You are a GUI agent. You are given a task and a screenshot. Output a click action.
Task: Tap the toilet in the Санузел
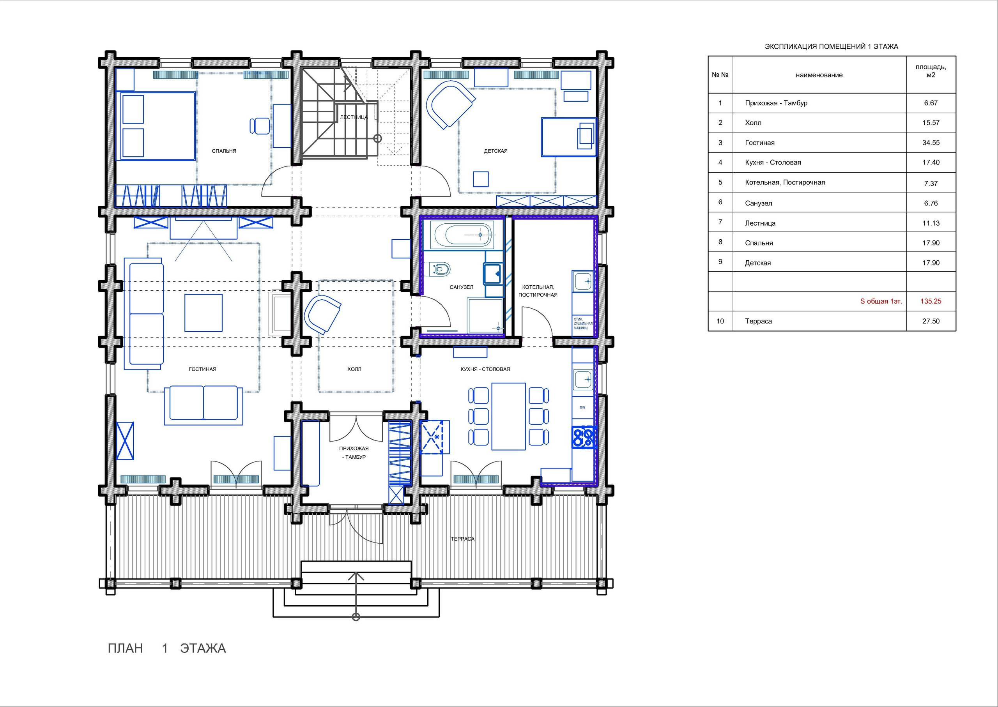click(x=440, y=269)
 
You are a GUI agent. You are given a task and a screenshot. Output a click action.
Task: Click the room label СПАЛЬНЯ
click(x=224, y=151)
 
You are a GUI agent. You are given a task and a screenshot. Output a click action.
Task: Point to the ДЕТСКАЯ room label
click(x=495, y=151)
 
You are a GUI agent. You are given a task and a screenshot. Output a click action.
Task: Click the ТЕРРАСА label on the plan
click(x=462, y=539)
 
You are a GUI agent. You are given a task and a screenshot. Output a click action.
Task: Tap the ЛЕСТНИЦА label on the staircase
click(x=354, y=117)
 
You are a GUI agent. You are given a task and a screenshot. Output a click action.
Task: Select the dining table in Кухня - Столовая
click(x=508, y=416)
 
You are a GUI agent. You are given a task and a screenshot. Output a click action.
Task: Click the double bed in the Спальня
click(x=157, y=126)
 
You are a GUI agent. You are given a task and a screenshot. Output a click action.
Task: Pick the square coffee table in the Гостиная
click(x=203, y=313)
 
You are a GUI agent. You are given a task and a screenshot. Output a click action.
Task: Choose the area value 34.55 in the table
click(x=931, y=143)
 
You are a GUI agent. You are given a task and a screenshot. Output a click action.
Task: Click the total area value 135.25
click(x=931, y=301)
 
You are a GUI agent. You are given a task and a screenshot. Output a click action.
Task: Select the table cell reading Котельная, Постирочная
click(x=785, y=182)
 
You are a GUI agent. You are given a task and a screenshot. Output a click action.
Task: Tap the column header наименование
click(x=819, y=75)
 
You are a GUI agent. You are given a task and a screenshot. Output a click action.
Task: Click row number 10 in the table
click(x=720, y=321)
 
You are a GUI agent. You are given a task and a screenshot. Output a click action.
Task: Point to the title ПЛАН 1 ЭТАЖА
click(x=166, y=648)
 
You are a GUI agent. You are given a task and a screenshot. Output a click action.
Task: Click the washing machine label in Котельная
click(x=582, y=323)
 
